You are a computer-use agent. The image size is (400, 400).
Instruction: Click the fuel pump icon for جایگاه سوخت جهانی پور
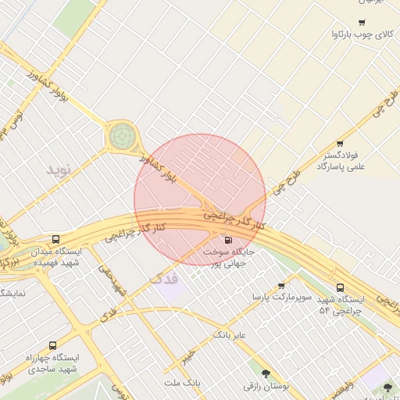pyautogui.click(x=228, y=240)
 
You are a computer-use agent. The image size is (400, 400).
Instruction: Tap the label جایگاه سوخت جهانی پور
pyautogui.click(x=228, y=259)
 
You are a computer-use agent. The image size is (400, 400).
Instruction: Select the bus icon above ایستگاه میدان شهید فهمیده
pyautogui.click(x=55, y=239)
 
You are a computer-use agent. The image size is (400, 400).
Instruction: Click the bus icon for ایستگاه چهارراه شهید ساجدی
pyautogui.click(x=52, y=345)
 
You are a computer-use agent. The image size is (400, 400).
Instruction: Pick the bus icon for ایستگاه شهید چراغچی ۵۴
pyautogui.click(x=340, y=287)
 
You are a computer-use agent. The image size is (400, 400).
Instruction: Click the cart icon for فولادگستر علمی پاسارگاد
pyautogui.click(x=340, y=144)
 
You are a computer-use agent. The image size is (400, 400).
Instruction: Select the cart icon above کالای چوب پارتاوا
pyautogui.click(x=361, y=22)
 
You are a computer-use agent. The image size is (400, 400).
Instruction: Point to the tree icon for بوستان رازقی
pyautogui.click(x=267, y=373)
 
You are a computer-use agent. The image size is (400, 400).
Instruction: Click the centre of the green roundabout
pyautogui.click(x=121, y=136)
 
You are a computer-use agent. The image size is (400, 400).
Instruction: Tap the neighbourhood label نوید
pyautogui.click(x=59, y=170)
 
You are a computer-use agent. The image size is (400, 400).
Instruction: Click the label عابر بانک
pyautogui.click(x=230, y=335)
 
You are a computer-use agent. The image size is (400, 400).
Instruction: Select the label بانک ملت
pyautogui.click(x=183, y=384)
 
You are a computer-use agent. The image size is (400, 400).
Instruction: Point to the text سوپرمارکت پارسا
pyautogui.click(x=281, y=298)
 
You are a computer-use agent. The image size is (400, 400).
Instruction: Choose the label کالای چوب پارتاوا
pyautogui.click(x=361, y=34)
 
